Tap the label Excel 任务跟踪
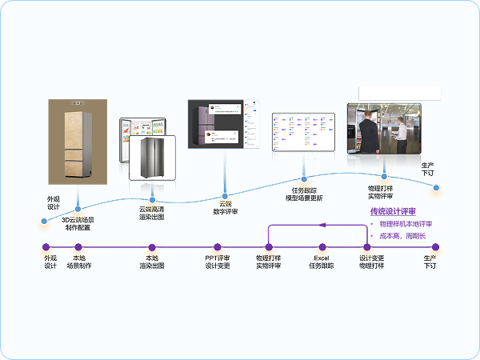coord(322,262)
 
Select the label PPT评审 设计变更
coord(218,262)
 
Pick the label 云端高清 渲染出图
coord(152,213)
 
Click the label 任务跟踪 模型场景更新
coord(304,194)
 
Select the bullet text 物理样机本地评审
coord(406,224)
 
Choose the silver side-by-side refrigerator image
coord(152,157)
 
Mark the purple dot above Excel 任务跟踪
coord(322,247)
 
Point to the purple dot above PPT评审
coord(218,247)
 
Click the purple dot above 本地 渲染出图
coord(152,247)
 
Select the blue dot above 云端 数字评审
coord(225,194)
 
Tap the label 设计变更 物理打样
coord(371,262)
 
